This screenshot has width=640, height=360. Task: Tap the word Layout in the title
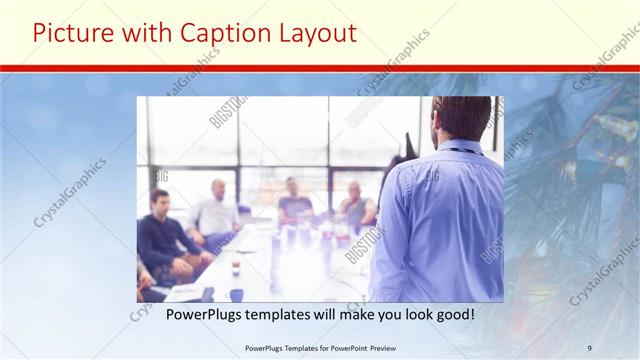[x=313, y=33]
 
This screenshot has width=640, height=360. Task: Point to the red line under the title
[x=320, y=68]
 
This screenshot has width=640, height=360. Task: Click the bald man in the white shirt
[x=218, y=210]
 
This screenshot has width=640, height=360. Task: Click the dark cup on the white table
[x=236, y=294]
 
